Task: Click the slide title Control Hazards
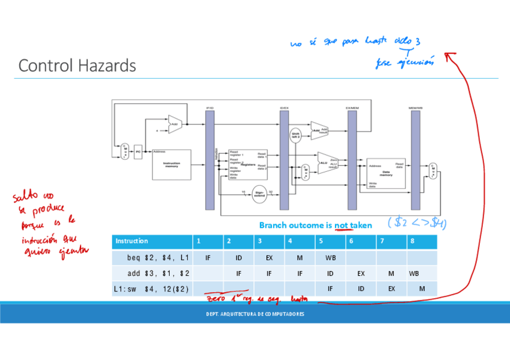tap(77, 66)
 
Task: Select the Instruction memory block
tap(171, 163)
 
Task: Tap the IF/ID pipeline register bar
tap(210, 159)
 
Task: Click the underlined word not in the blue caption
tap(342, 225)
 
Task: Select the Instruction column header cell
tap(152, 241)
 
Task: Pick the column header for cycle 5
tap(330, 241)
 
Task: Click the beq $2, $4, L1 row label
tap(159, 258)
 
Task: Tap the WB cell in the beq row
tap(330, 258)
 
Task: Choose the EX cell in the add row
tap(361, 273)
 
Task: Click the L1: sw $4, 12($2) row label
tap(152, 288)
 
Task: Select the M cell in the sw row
tap(422, 288)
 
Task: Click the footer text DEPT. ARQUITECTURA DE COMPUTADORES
tap(255, 314)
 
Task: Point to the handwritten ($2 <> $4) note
tap(417, 223)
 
